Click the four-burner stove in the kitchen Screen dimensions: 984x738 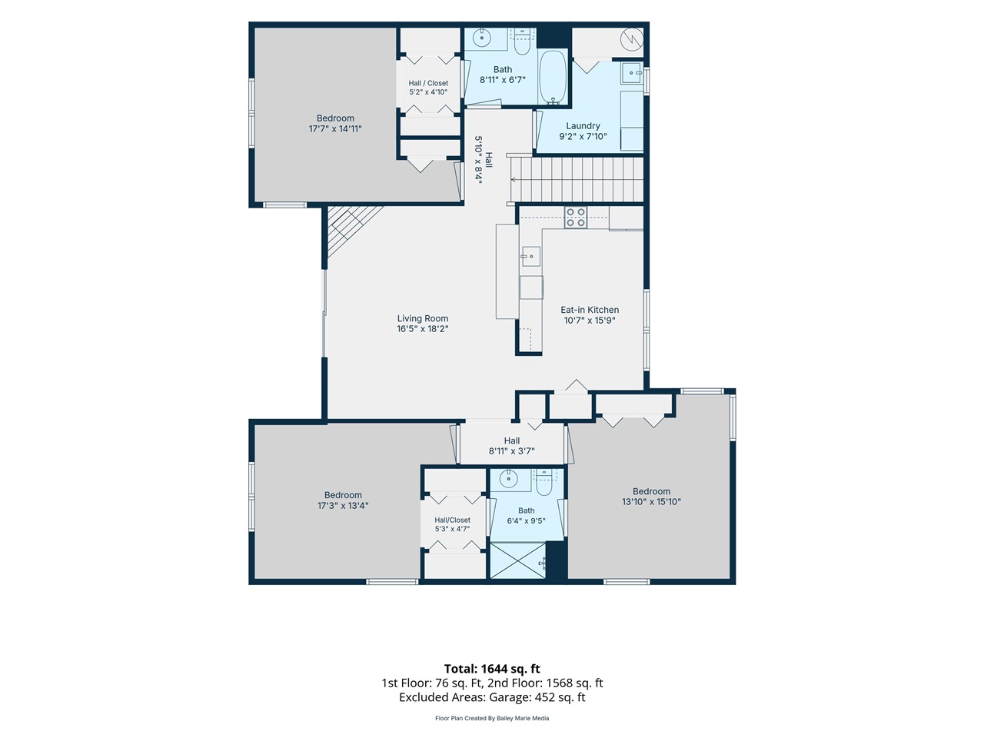[x=575, y=217]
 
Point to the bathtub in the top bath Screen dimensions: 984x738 [x=552, y=77]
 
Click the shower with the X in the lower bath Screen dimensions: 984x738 [x=518, y=560]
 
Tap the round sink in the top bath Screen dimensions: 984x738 [x=481, y=38]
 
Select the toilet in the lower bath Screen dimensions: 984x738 [x=544, y=483]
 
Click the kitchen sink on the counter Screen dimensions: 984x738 [x=530, y=256]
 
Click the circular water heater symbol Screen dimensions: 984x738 [x=632, y=39]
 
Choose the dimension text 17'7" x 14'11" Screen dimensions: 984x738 [x=335, y=128]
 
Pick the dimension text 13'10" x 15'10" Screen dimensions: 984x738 [x=651, y=501]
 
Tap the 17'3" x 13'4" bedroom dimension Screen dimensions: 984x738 [x=343, y=505]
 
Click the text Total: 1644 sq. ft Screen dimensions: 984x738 [x=492, y=669]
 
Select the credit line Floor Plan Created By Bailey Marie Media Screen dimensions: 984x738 [x=492, y=718]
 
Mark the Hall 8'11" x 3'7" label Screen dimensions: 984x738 [x=511, y=446]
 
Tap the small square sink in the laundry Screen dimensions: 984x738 [x=632, y=72]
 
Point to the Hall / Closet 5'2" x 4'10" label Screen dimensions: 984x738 [x=428, y=88]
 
